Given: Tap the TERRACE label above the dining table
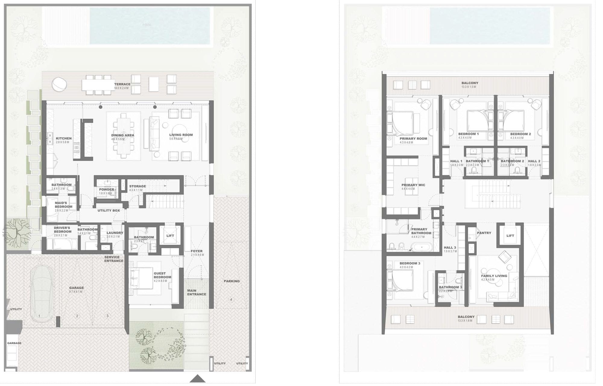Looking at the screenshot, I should point(122,84).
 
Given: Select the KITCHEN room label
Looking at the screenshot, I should point(64,138).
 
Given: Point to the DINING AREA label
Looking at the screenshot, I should point(122,135).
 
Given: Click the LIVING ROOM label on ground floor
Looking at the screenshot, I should point(181,135).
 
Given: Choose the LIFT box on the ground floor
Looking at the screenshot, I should point(170,236).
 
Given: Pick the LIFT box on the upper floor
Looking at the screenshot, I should point(510,236).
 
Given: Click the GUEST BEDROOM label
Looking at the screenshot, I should point(162,275).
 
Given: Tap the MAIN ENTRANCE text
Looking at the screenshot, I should point(197,293).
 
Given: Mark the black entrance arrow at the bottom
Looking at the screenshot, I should point(197,378).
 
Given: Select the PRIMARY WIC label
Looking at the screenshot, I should point(413,185).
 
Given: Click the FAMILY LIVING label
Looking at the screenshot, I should point(494,276).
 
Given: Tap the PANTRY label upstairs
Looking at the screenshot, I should point(484,233).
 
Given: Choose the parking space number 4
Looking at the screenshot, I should point(231,299).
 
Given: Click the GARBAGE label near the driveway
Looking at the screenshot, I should point(14,343).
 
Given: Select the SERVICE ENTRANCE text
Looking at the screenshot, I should point(114,259).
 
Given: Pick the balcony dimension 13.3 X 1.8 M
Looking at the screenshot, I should point(466,321).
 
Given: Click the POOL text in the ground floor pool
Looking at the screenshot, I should point(147,25).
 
